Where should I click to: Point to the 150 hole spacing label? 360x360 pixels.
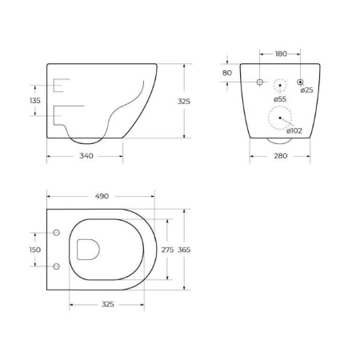[35, 250]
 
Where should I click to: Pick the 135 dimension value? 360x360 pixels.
[35, 101]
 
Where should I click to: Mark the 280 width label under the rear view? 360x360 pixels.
[280, 155]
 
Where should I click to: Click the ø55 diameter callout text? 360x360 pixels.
[279, 98]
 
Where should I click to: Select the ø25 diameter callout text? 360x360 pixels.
[307, 90]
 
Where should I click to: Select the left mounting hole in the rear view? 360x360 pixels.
[260, 82]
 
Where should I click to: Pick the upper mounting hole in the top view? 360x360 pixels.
[57, 234]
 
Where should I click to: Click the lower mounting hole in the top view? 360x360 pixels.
[57, 265]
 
